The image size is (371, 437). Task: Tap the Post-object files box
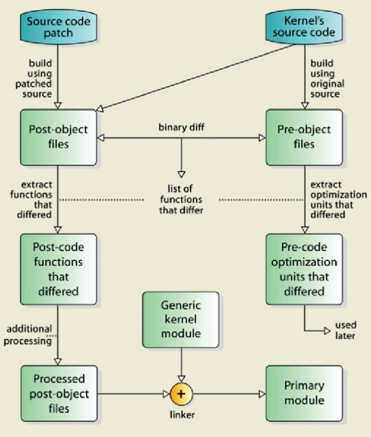[x=59, y=137]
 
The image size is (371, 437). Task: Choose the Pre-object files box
[x=304, y=137]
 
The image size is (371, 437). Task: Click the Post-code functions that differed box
[x=59, y=269]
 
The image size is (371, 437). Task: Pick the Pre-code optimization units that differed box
[x=304, y=269]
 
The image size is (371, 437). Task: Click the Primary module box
[x=304, y=393]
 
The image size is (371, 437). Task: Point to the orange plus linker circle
[x=181, y=394]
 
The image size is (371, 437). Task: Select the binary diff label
[x=181, y=128]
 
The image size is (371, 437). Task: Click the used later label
[x=345, y=330]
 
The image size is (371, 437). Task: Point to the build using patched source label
[x=40, y=79]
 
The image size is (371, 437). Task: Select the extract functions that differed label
[x=31, y=200]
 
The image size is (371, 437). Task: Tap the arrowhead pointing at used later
[x=327, y=331]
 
